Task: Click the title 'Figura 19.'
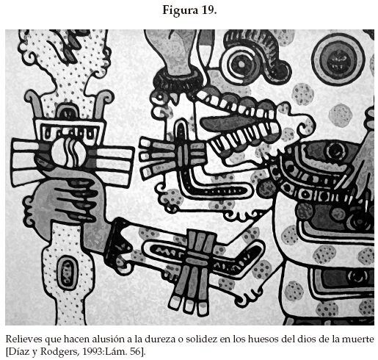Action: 189,10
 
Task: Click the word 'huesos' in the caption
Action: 261,339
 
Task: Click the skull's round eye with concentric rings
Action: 241,64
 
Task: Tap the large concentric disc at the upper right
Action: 339,60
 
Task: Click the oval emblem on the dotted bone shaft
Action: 68,271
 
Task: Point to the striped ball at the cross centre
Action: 68,152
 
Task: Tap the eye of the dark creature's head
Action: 335,151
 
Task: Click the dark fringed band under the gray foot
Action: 178,79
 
